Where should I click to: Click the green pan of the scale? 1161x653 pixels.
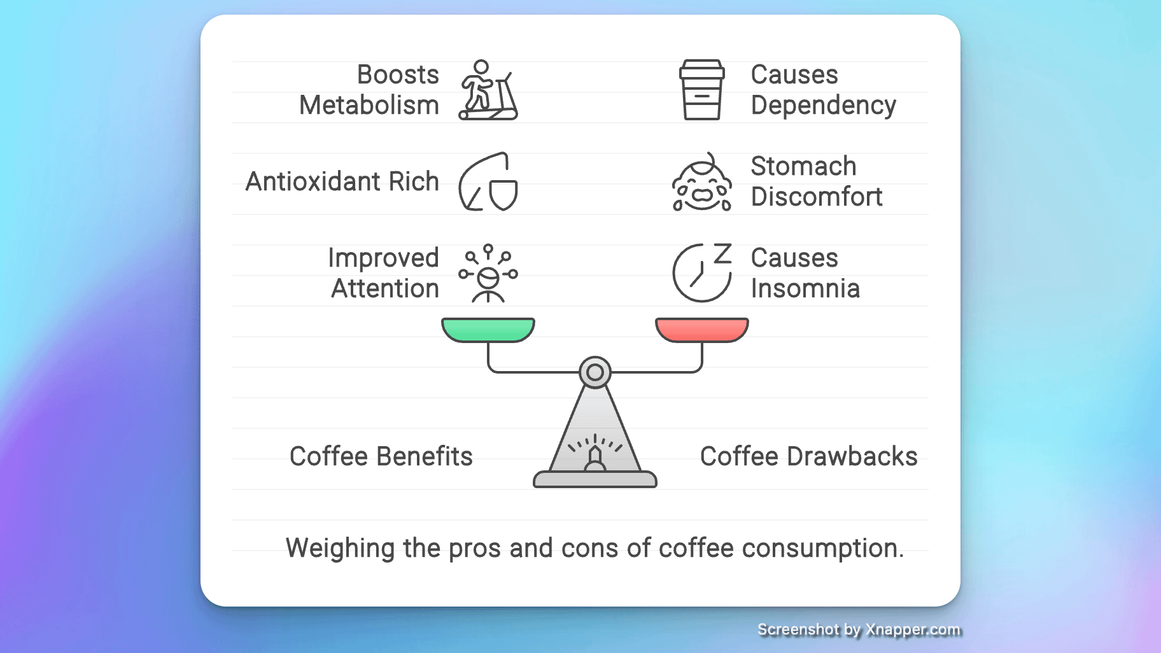coord(488,330)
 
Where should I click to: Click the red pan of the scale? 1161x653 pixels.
coord(702,330)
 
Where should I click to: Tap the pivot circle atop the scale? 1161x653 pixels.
coord(595,372)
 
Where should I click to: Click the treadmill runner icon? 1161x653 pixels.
coord(488,90)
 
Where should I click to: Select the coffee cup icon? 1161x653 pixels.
coord(702,90)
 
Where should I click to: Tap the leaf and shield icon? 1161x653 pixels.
coord(488,181)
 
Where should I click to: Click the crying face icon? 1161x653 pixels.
coord(702,182)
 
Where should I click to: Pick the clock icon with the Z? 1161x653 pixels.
coord(702,272)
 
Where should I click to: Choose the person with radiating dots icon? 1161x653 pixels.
coord(488,273)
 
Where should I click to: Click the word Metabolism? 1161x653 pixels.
coord(369,105)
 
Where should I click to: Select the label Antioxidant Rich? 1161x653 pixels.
coord(342,181)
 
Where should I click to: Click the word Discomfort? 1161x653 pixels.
coord(817,197)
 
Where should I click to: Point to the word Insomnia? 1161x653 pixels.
coord(805,288)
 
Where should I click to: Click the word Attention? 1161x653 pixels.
coord(385,288)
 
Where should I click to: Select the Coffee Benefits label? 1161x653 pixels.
coord(381,456)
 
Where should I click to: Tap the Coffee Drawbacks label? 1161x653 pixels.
coord(808,456)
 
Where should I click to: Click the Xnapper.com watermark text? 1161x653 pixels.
coord(913,629)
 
